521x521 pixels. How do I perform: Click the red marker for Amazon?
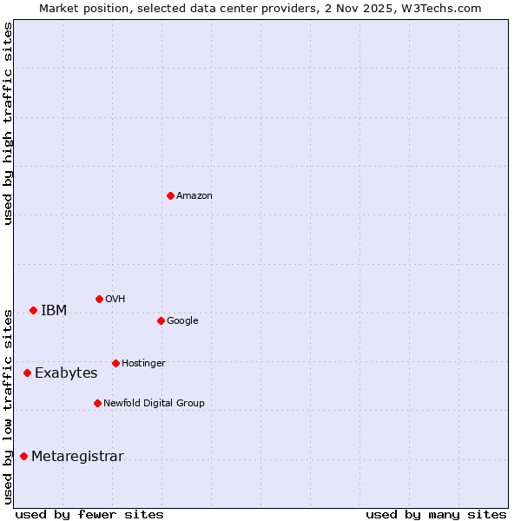170,195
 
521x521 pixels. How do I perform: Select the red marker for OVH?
99,299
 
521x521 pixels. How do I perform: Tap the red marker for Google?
161,320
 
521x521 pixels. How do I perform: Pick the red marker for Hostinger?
115,363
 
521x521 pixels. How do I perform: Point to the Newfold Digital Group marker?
97,403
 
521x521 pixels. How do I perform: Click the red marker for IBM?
33,310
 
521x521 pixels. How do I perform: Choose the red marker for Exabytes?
27,373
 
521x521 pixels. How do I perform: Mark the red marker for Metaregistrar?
23,456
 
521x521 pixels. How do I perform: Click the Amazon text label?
195,195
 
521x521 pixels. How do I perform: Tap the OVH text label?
115,299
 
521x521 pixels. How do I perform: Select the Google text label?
182,320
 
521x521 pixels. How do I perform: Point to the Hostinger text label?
143,363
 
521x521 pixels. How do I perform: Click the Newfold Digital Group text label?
155,403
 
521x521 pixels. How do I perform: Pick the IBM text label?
54,310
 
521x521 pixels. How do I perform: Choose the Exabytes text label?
66,373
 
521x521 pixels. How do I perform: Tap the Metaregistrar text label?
77,456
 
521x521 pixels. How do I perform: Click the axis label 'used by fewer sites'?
89,514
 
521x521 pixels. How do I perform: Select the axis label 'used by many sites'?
436,514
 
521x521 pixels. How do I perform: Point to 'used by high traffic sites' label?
9,123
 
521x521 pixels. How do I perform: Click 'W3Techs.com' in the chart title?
441,8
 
